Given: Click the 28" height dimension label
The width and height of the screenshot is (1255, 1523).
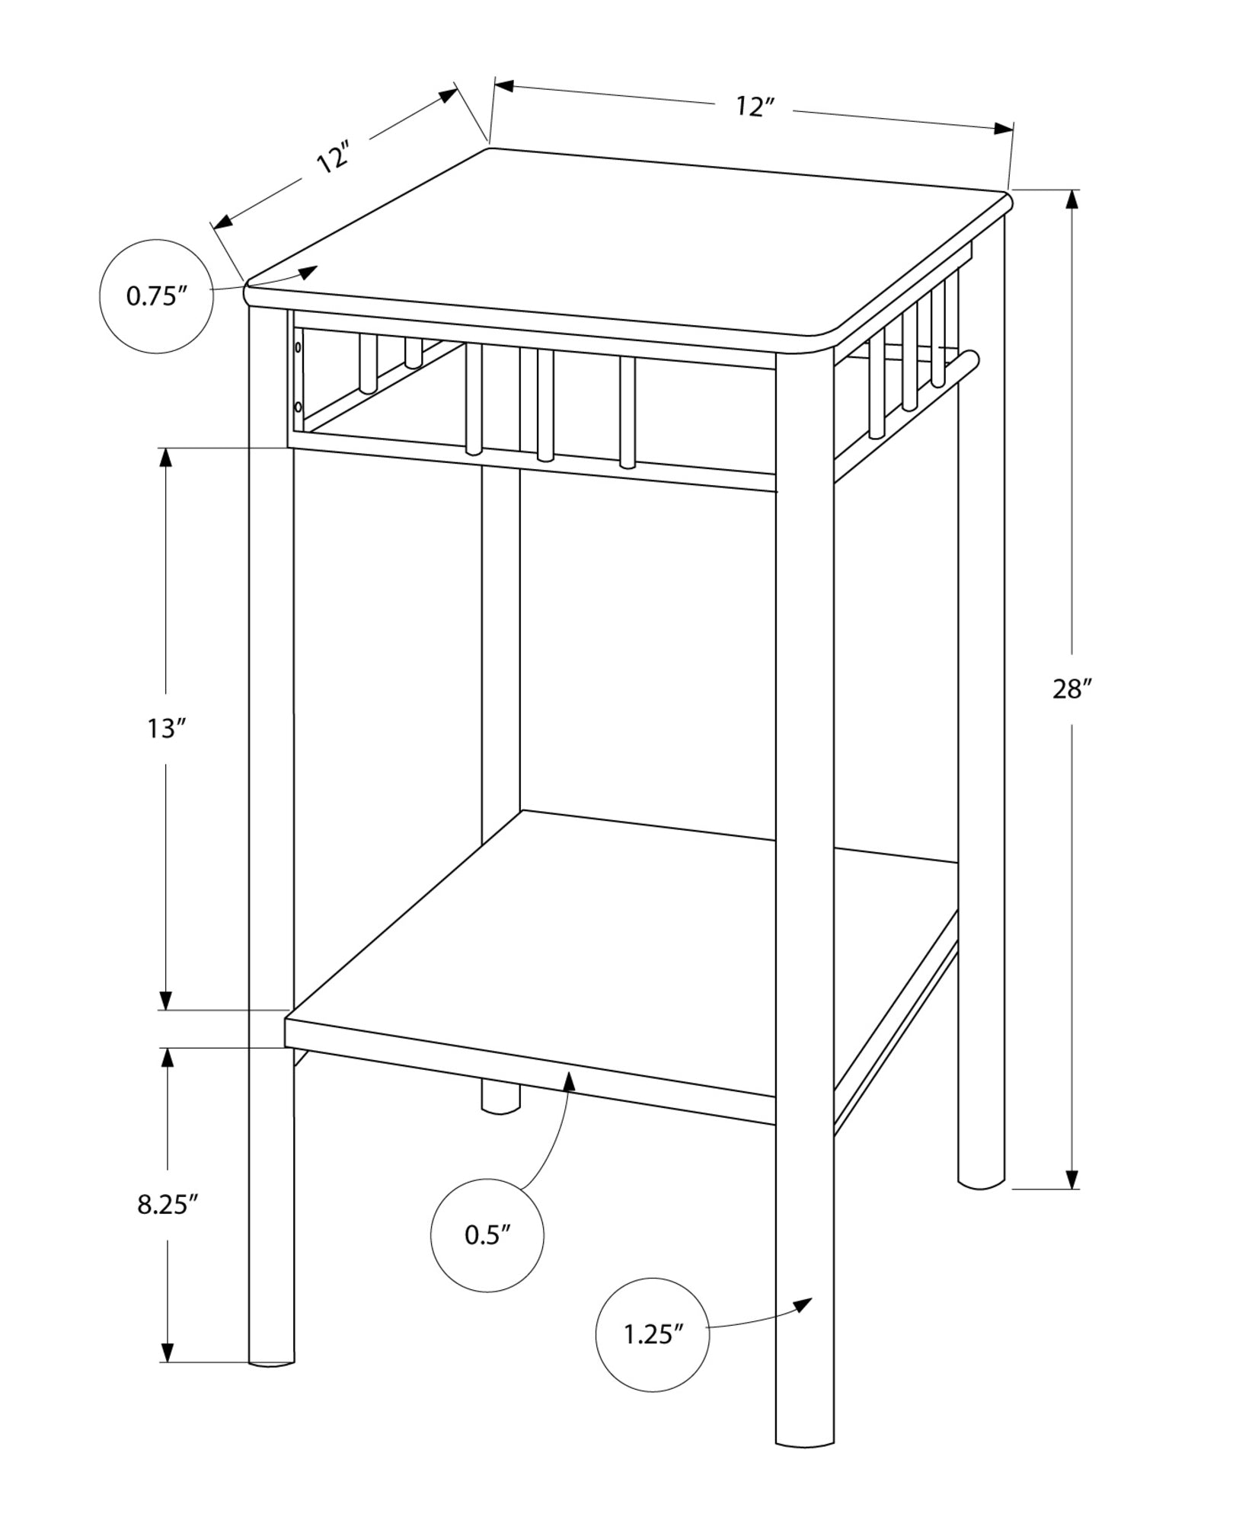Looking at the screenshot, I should (x=1072, y=690).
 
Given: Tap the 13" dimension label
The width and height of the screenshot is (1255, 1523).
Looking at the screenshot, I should (x=167, y=729).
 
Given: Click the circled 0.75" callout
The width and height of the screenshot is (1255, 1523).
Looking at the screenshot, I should (x=157, y=296).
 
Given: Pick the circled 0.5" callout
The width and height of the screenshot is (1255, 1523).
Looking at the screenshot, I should (x=487, y=1235).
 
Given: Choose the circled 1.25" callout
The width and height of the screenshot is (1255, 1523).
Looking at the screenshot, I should (x=653, y=1334).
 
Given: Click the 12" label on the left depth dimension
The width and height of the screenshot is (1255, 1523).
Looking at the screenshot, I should (x=334, y=158).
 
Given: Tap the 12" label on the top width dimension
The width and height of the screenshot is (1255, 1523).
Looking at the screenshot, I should (x=755, y=107).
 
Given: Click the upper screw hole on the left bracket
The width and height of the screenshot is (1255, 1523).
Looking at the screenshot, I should (x=299, y=348).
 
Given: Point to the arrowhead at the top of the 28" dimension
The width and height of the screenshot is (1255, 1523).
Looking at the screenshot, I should (x=1072, y=198).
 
